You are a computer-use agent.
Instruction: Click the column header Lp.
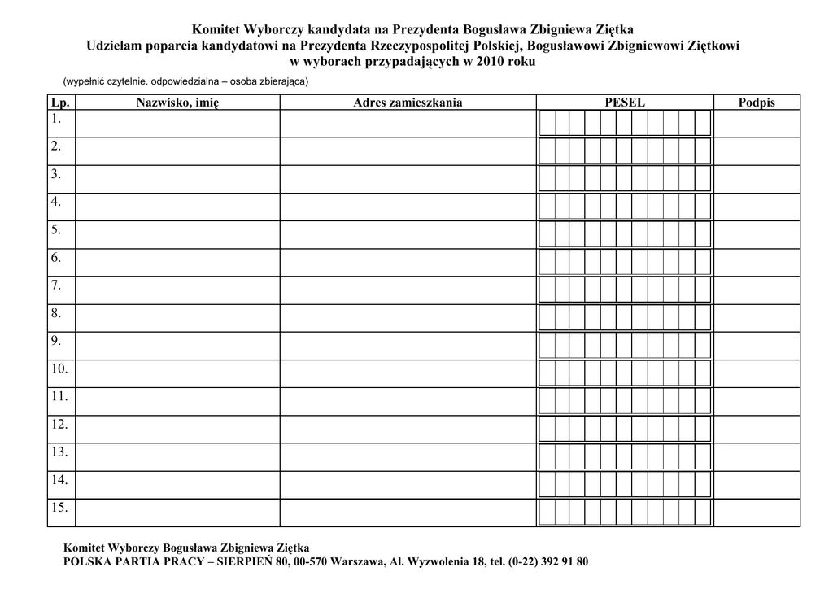60,103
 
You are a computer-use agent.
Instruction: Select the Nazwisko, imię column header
177,103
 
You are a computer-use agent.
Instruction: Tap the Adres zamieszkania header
408,103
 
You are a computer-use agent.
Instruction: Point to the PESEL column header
625,103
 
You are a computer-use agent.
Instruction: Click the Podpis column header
757,103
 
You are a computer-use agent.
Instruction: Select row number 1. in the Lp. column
56,119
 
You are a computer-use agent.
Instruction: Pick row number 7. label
56,285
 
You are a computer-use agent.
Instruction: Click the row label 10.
59,369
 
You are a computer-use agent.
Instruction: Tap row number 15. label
59,507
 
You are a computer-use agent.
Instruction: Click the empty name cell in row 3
177,179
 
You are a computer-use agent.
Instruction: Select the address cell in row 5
408,234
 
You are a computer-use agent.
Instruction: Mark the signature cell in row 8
757,317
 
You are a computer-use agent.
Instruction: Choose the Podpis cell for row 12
757,429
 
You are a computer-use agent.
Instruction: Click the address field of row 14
408,484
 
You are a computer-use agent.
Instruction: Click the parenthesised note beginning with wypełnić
185,81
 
